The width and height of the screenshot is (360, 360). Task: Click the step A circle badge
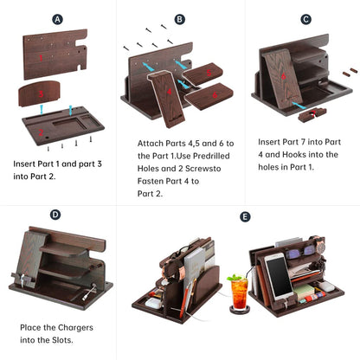(x=57, y=20)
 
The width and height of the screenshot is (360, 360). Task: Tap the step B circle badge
(x=180, y=20)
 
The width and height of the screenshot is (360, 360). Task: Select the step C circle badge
(x=305, y=20)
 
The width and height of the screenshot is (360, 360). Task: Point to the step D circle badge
(x=55, y=215)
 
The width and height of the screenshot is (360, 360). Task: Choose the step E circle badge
(x=245, y=216)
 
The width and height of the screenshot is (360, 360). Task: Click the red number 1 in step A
(x=41, y=58)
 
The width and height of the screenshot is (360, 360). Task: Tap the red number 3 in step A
(x=41, y=93)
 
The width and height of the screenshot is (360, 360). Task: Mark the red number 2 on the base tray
(x=41, y=132)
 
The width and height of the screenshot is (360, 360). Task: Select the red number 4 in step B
(x=170, y=92)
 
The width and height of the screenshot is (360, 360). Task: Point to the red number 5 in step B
(x=209, y=73)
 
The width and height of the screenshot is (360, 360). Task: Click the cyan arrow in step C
(x=299, y=105)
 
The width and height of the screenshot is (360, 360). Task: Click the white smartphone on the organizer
(x=278, y=276)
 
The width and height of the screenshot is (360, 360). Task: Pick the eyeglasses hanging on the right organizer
(x=301, y=252)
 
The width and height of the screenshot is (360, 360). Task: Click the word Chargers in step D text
(x=74, y=328)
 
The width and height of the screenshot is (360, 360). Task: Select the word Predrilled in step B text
(x=211, y=156)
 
